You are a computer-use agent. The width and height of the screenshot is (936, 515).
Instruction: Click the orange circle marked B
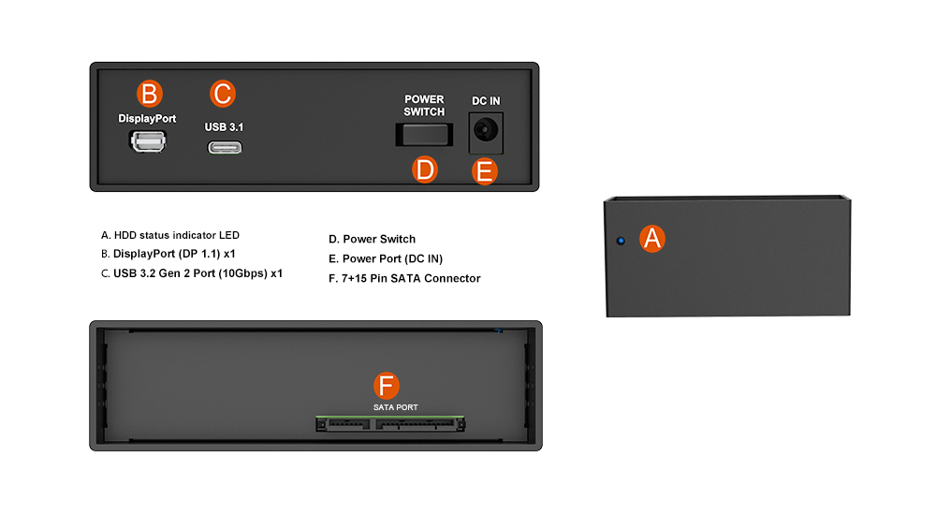click(x=149, y=94)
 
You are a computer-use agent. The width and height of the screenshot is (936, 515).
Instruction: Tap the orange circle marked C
click(x=223, y=94)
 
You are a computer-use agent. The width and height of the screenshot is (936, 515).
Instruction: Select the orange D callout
click(x=425, y=169)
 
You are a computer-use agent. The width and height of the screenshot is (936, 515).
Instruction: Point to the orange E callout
click(x=484, y=171)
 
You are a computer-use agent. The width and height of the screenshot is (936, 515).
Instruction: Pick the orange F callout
click(x=387, y=386)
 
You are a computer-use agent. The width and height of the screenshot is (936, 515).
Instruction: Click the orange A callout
click(x=652, y=239)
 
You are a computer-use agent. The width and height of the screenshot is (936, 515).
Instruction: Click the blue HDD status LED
click(x=621, y=241)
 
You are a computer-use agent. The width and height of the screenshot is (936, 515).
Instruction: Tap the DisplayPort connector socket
click(x=148, y=141)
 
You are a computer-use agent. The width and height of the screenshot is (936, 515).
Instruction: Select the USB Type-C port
click(x=225, y=148)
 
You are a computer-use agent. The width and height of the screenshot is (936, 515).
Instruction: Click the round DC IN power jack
click(x=485, y=129)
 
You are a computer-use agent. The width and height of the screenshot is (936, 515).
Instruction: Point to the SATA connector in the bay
click(x=390, y=424)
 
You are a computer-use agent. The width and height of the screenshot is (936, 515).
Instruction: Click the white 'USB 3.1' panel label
click(x=224, y=126)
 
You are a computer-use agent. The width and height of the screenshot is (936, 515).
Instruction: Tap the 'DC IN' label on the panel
click(x=486, y=101)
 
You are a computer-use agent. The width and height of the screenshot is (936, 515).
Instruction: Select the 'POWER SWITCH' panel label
click(x=424, y=106)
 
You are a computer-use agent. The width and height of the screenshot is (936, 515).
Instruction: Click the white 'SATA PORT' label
click(x=396, y=407)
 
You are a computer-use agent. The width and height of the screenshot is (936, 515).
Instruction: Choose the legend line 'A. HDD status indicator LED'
click(x=170, y=235)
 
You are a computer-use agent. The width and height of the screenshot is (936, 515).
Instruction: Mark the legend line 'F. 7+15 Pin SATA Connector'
click(x=404, y=278)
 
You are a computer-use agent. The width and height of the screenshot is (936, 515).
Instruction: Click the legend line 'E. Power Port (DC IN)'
click(x=386, y=258)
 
